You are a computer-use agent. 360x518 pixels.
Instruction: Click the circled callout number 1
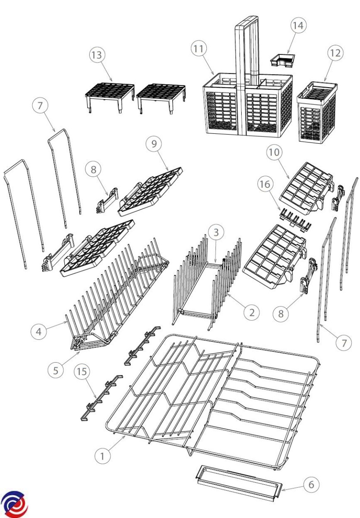(102, 456)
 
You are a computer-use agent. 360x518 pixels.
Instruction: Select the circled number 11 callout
(199, 49)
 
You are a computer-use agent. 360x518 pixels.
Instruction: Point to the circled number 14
(298, 25)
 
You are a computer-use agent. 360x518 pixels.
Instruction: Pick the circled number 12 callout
(335, 53)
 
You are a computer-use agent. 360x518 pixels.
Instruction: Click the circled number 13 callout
(97, 55)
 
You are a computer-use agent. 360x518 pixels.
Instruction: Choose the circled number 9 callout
(154, 144)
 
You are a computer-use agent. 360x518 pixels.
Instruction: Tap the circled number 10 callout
(274, 152)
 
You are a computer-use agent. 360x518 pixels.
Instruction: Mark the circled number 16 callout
(265, 184)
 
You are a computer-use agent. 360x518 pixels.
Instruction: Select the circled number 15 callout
(82, 371)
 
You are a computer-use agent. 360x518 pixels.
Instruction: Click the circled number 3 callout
(216, 232)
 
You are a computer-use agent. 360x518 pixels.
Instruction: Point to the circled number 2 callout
(252, 313)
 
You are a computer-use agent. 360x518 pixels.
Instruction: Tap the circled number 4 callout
(38, 332)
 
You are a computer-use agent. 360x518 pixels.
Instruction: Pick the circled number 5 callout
(56, 370)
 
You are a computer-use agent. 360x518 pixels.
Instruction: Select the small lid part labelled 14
(283, 61)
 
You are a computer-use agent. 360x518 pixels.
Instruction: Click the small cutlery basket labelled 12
(316, 112)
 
